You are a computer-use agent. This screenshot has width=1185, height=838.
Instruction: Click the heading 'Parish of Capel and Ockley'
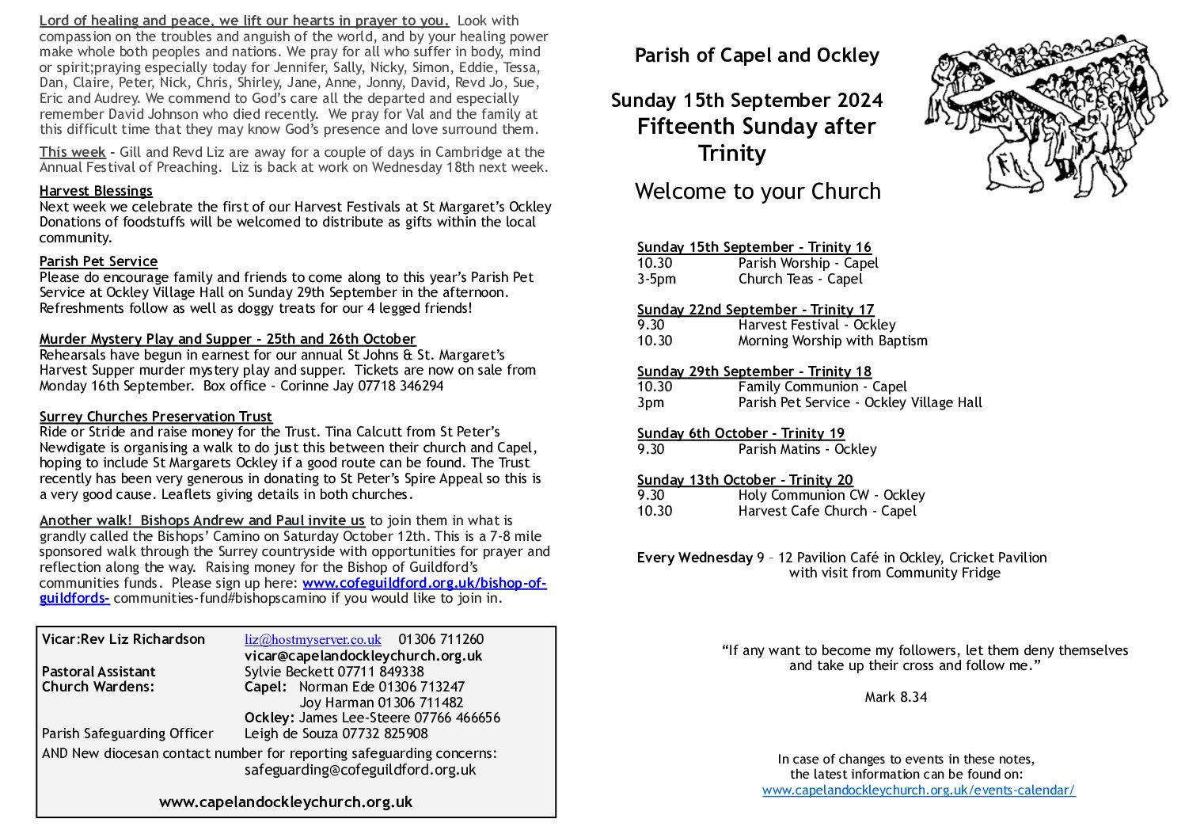pos(757,55)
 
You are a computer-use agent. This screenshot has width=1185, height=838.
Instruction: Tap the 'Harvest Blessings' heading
pos(96,191)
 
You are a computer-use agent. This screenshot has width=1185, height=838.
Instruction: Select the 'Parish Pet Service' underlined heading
pos(98,261)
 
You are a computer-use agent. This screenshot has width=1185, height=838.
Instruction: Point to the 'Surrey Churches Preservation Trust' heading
pos(156,417)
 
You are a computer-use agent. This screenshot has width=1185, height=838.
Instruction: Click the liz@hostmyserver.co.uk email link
pos(313,639)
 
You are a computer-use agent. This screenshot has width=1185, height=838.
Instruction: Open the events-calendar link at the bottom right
pos(918,790)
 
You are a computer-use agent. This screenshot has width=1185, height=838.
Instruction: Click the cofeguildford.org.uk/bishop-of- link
pos(424,583)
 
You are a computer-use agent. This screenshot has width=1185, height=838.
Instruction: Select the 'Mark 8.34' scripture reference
pos(895,697)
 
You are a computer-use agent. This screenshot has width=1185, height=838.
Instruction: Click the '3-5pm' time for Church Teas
pos(656,279)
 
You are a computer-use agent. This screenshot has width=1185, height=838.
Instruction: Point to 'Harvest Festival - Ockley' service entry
pos(817,325)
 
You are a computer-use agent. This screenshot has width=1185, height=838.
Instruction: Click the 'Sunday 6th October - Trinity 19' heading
pos(740,433)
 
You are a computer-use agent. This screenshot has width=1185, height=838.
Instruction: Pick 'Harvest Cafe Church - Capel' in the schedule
pos(827,511)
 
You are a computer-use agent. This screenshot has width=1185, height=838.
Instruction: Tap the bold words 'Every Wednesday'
pos(694,558)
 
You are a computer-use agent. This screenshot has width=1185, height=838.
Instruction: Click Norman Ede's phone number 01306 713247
pos(421,687)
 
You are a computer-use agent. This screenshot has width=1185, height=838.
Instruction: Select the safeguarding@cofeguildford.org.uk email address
pos(360,769)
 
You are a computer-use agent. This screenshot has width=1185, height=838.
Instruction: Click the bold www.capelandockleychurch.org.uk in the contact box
pos(286,802)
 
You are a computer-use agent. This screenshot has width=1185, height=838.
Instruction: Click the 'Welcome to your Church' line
pos(758,192)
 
